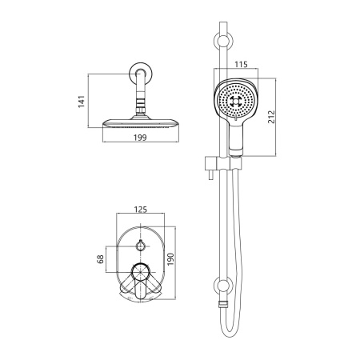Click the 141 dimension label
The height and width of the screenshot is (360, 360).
click(82, 102)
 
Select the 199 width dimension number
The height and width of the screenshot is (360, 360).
click(140, 138)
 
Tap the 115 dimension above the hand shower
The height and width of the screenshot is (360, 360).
click(241, 64)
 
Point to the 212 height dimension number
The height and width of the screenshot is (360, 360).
click(271, 117)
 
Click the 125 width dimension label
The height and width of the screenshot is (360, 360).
click(141, 210)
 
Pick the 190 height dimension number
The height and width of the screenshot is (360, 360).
click(170, 259)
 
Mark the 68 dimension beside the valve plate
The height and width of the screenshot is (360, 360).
click(100, 259)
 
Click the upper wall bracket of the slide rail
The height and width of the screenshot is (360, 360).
click(223, 42)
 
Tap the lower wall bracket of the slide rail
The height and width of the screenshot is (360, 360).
click(223, 286)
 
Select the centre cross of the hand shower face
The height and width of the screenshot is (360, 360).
click(236, 102)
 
